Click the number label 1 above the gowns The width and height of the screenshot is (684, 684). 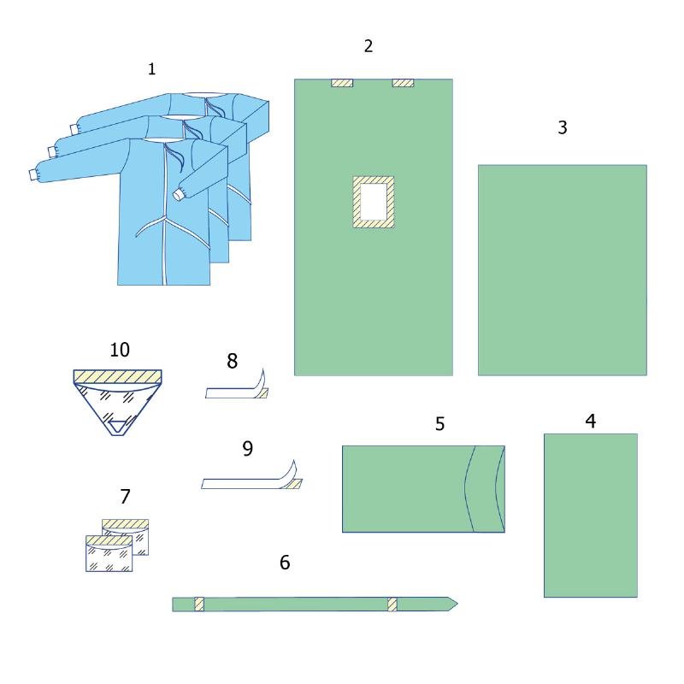pyautogui.click(x=152, y=69)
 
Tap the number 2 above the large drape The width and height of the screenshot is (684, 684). pyautogui.click(x=369, y=46)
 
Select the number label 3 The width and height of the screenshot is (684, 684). pyautogui.click(x=562, y=127)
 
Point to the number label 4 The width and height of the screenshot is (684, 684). pyautogui.click(x=590, y=421)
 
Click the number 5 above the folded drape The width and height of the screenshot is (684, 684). pyautogui.click(x=439, y=423)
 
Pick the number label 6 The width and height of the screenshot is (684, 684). pyautogui.click(x=285, y=562)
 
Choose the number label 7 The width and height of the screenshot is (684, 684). pyautogui.click(x=126, y=496)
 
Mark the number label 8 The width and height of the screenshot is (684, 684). pyautogui.click(x=232, y=361)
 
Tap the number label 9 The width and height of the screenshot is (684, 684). pyautogui.click(x=248, y=448)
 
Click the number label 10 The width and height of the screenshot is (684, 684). pyautogui.click(x=120, y=349)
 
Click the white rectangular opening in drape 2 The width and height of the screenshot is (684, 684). pyautogui.click(x=374, y=202)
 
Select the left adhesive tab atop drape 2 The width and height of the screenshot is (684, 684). pyautogui.click(x=342, y=83)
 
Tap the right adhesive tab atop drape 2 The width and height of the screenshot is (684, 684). pyautogui.click(x=403, y=83)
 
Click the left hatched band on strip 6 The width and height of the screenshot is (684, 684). pyautogui.click(x=199, y=604)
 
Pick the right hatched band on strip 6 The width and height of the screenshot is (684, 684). pyautogui.click(x=392, y=604)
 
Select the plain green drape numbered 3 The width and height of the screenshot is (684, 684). pyautogui.click(x=562, y=269)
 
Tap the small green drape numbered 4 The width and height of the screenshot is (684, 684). pyautogui.click(x=590, y=515)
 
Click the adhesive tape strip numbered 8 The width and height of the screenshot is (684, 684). pyautogui.click(x=235, y=393)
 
